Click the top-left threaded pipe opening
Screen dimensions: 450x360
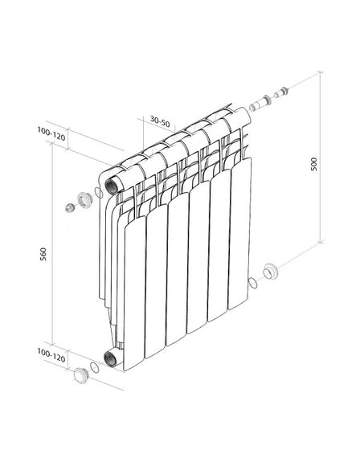pyautogui.click(x=110, y=182)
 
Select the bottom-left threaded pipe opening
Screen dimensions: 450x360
pyautogui.click(x=109, y=358)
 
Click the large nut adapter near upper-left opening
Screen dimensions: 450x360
pyautogui.click(x=84, y=198)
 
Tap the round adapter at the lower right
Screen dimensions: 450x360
pyautogui.click(x=272, y=271)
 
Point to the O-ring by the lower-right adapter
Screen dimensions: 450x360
pyautogui.click(x=254, y=281)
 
